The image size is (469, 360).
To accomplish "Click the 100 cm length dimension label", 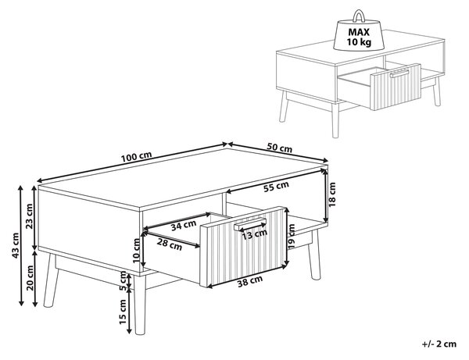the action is [x=136, y=156].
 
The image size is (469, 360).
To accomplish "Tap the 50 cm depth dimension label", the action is [x=279, y=148].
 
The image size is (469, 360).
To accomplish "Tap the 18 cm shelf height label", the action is [x=332, y=194].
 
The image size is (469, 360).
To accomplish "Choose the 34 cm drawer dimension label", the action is [x=184, y=225].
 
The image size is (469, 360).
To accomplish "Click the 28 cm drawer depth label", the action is [x=170, y=244].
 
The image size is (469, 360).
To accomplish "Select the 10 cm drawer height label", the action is [x=136, y=251].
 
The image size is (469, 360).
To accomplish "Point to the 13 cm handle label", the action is [x=254, y=234].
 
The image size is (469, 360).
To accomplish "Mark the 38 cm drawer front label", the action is [x=250, y=281].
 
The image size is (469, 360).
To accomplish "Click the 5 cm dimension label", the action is [x=123, y=281].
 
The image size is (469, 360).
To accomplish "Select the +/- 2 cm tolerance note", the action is [x=439, y=344].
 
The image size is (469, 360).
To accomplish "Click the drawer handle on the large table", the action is [x=250, y=224].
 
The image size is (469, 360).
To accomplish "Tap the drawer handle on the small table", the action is [x=399, y=73].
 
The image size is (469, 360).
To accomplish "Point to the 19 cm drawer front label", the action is [x=292, y=236].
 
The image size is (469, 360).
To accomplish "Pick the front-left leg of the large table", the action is [x=140, y=305].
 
